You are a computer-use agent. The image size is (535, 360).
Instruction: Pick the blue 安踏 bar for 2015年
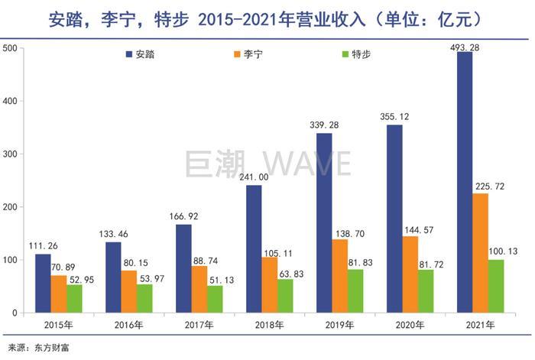(x=42, y=283)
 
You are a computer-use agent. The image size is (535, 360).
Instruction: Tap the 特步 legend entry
(x=355, y=55)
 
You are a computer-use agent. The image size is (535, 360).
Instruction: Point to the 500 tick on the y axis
(x=10, y=48)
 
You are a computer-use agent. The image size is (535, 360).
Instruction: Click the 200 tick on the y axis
(x=10, y=207)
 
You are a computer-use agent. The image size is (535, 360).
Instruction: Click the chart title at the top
(x=267, y=17)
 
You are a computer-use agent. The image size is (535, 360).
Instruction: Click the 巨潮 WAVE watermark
(x=267, y=164)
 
